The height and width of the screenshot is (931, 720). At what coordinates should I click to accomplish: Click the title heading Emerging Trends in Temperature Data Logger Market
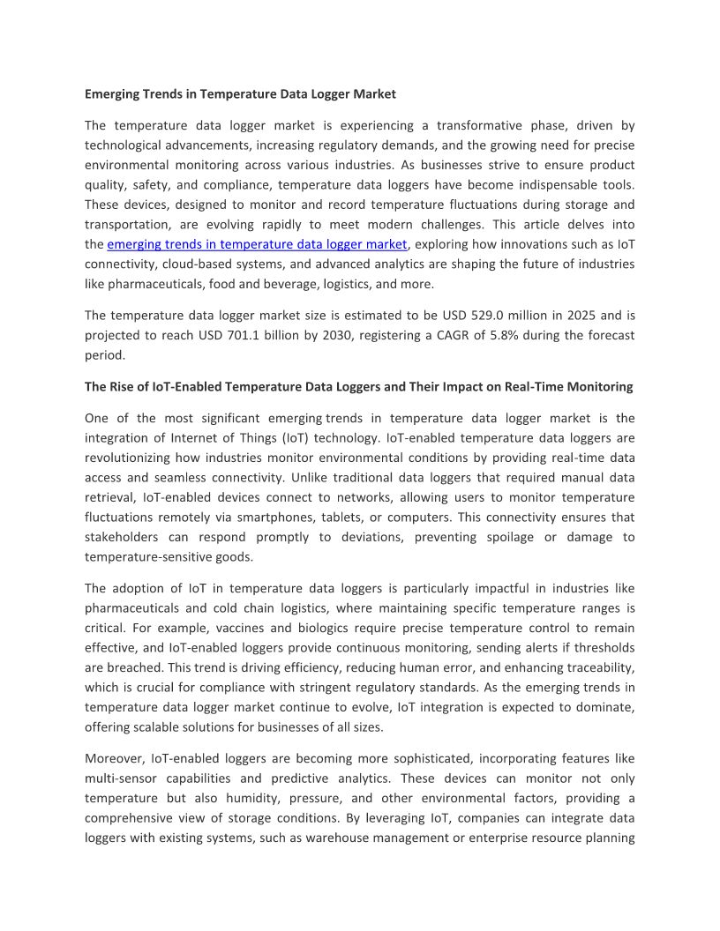tap(240, 93)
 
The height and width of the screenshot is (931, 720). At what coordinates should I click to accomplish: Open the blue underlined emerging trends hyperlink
tap(257, 244)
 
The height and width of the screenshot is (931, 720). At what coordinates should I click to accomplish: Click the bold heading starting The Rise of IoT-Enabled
tap(358, 387)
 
